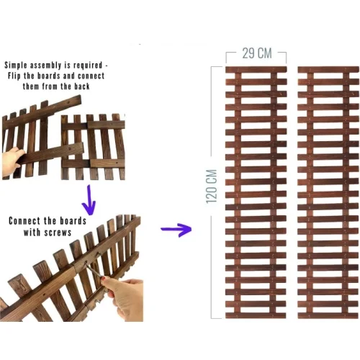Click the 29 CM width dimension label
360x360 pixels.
click(x=257, y=53)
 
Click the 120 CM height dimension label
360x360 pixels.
click(x=212, y=186)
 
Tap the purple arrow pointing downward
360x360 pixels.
click(x=89, y=200)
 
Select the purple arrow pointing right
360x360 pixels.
click(x=176, y=229)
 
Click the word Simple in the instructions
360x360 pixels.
click(x=17, y=66)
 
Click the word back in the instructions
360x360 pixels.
click(x=82, y=86)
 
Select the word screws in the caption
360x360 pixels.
click(x=59, y=233)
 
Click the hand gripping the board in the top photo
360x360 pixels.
click(x=12, y=158)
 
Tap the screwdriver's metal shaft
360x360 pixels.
click(x=94, y=271)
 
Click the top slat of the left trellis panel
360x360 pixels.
click(x=256, y=70)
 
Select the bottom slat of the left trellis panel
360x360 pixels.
click(x=256, y=315)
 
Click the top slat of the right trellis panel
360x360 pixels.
click(x=328, y=70)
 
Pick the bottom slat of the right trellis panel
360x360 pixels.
click(x=328, y=315)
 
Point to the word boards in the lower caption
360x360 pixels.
click(x=73, y=221)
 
